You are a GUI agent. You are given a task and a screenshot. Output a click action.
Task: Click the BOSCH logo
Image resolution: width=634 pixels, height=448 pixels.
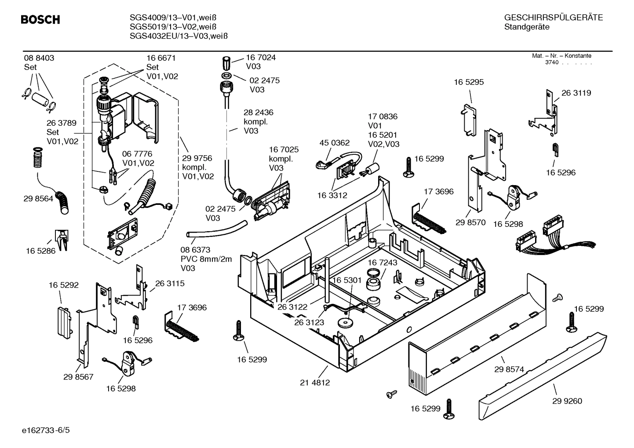tap(40, 20)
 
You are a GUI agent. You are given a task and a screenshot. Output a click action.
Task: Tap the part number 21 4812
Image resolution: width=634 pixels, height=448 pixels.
tap(315, 382)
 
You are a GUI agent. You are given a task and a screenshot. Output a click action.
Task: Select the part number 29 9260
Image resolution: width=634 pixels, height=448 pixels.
tap(567, 401)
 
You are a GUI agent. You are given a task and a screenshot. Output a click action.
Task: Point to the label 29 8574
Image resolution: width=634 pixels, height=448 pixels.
tap(509, 370)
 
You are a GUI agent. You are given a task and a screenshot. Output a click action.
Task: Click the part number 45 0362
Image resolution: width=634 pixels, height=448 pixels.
tap(334, 143)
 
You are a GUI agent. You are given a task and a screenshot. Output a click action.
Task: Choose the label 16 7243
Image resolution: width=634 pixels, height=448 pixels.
tap(382, 262)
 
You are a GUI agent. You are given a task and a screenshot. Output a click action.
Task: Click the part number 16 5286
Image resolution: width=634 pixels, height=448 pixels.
tap(41, 251)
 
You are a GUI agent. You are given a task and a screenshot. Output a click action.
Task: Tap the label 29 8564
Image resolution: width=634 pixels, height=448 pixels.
tap(38, 199)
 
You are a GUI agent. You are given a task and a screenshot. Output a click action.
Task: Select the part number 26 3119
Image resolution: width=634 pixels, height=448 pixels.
tap(576, 93)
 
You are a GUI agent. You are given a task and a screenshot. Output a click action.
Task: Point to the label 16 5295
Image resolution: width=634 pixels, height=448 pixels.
tap(469, 82)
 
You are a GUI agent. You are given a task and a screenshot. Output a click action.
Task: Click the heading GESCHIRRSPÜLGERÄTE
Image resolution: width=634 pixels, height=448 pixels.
tap(553, 18)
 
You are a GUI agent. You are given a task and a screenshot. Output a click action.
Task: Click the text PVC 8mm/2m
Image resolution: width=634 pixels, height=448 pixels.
tap(206, 259)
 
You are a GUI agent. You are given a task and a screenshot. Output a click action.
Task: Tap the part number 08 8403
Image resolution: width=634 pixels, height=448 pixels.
tap(39, 58)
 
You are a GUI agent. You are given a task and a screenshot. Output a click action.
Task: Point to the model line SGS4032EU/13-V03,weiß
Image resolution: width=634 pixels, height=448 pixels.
tap(179, 36)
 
